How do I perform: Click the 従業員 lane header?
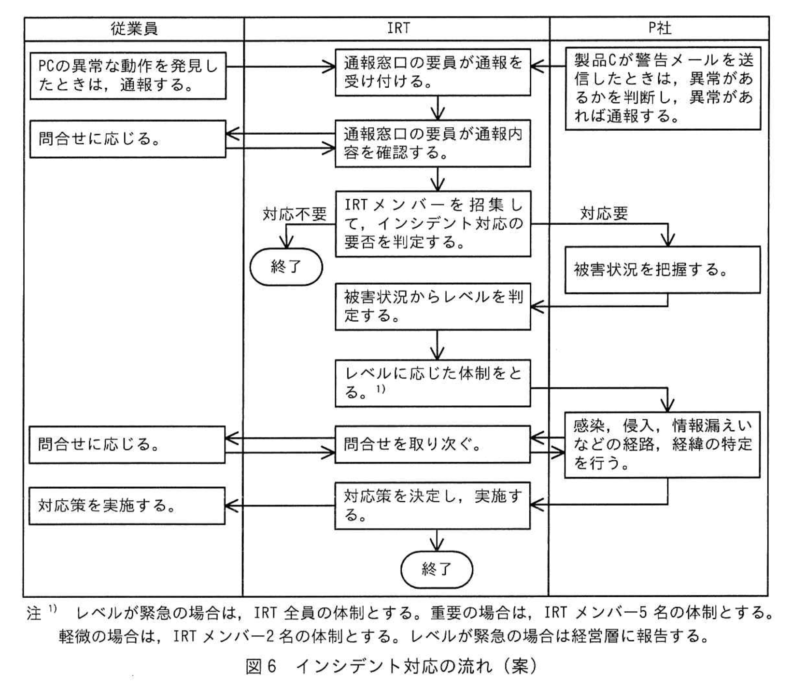click(x=134, y=29)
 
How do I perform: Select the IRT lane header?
click(x=398, y=28)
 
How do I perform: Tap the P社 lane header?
click(x=659, y=28)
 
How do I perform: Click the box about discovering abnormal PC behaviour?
click(x=128, y=76)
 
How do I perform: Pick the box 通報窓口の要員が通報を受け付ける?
click(x=433, y=72)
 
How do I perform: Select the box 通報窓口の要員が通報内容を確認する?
click(x=433, y=143)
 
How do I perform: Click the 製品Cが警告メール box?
click(x=663, y=88)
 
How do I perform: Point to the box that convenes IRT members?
click(x=433, y=224)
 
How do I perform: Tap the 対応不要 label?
click(x=295, y=214)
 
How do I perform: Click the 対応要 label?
click(x=604, y=213)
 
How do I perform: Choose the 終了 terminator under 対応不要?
click(x=286, y=267)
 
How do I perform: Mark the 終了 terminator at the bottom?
click(x=437, y=569)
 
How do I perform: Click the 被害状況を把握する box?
click(x=663, y=270)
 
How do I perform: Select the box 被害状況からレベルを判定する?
click(x=433, y=306)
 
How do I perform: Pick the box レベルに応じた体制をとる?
click(x=433, y=383)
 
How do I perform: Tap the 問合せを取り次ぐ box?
click(x=433, y=444)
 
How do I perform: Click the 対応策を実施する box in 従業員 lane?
click(x=127, y=506)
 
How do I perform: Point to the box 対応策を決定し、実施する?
click(x=433, y=505)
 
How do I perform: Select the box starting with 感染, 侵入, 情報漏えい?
click(x=662, y=444)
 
